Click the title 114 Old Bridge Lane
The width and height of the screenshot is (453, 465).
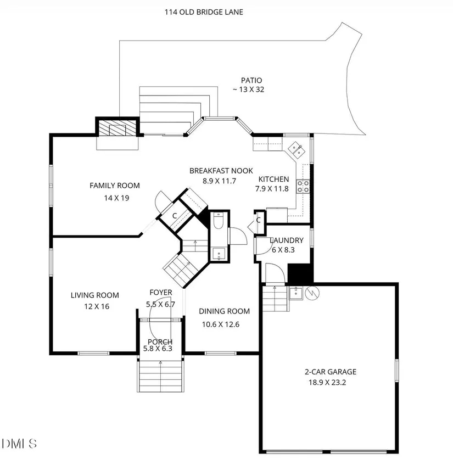tap(204, 12)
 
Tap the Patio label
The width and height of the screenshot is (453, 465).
tap(251, 80)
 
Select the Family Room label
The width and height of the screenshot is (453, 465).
tap(115, 186)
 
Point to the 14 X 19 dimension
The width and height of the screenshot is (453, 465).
tap(116, 198)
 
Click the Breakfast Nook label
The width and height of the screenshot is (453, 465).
tap(221, 171)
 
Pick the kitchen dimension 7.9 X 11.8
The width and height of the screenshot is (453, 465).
tap(272, 189)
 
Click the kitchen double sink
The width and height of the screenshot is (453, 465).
tap(297, 149)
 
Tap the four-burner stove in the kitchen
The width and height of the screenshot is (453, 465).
tap(303, 187)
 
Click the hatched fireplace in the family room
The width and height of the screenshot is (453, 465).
tap(117, 128)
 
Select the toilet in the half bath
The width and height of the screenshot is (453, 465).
tap(219, 221)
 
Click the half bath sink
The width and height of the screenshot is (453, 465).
tap(219, 254)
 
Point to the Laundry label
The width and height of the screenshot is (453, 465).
tap(287, 240)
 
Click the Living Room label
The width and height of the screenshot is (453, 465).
tap(95, 295)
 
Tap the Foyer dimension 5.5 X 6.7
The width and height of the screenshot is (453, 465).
tap(160, 305)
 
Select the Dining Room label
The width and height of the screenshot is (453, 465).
tap(224, 311)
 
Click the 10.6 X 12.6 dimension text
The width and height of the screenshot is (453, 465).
tap(221, 324)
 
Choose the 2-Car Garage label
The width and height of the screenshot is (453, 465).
tap(331, 372)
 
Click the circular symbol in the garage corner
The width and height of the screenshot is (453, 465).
tap(312, 293)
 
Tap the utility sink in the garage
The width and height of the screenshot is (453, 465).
tap(296, 293)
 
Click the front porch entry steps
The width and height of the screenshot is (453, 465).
tap(160, 376)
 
